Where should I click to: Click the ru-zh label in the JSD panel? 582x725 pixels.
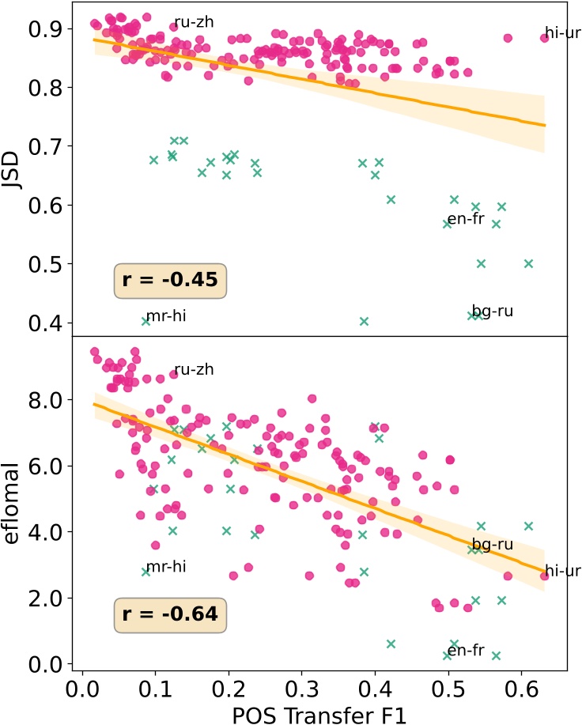pyautogui.click(x=194, y=22)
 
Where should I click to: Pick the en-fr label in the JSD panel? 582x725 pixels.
pyautogui.click(x=465, y=219)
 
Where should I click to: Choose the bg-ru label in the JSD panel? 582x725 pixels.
pyautogui.click(x=493, y=311)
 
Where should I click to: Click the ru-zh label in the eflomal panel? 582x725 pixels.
pyautogui.click(x=194, y=369)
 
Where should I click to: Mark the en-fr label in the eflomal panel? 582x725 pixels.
pyautogui.click(x=465, y=651)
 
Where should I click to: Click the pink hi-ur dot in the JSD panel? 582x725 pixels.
pyautogui.click(x=544, y=37)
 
